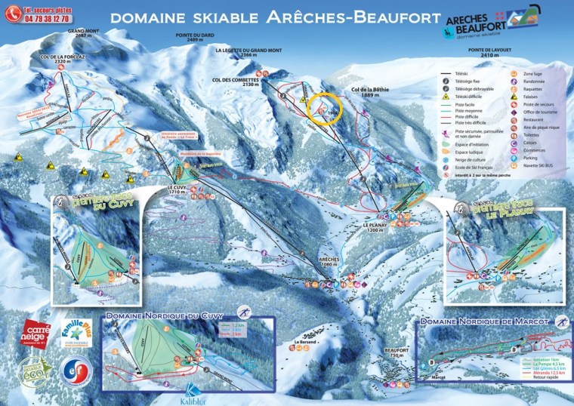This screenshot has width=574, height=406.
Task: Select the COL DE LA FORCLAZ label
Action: pos(58,59)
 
